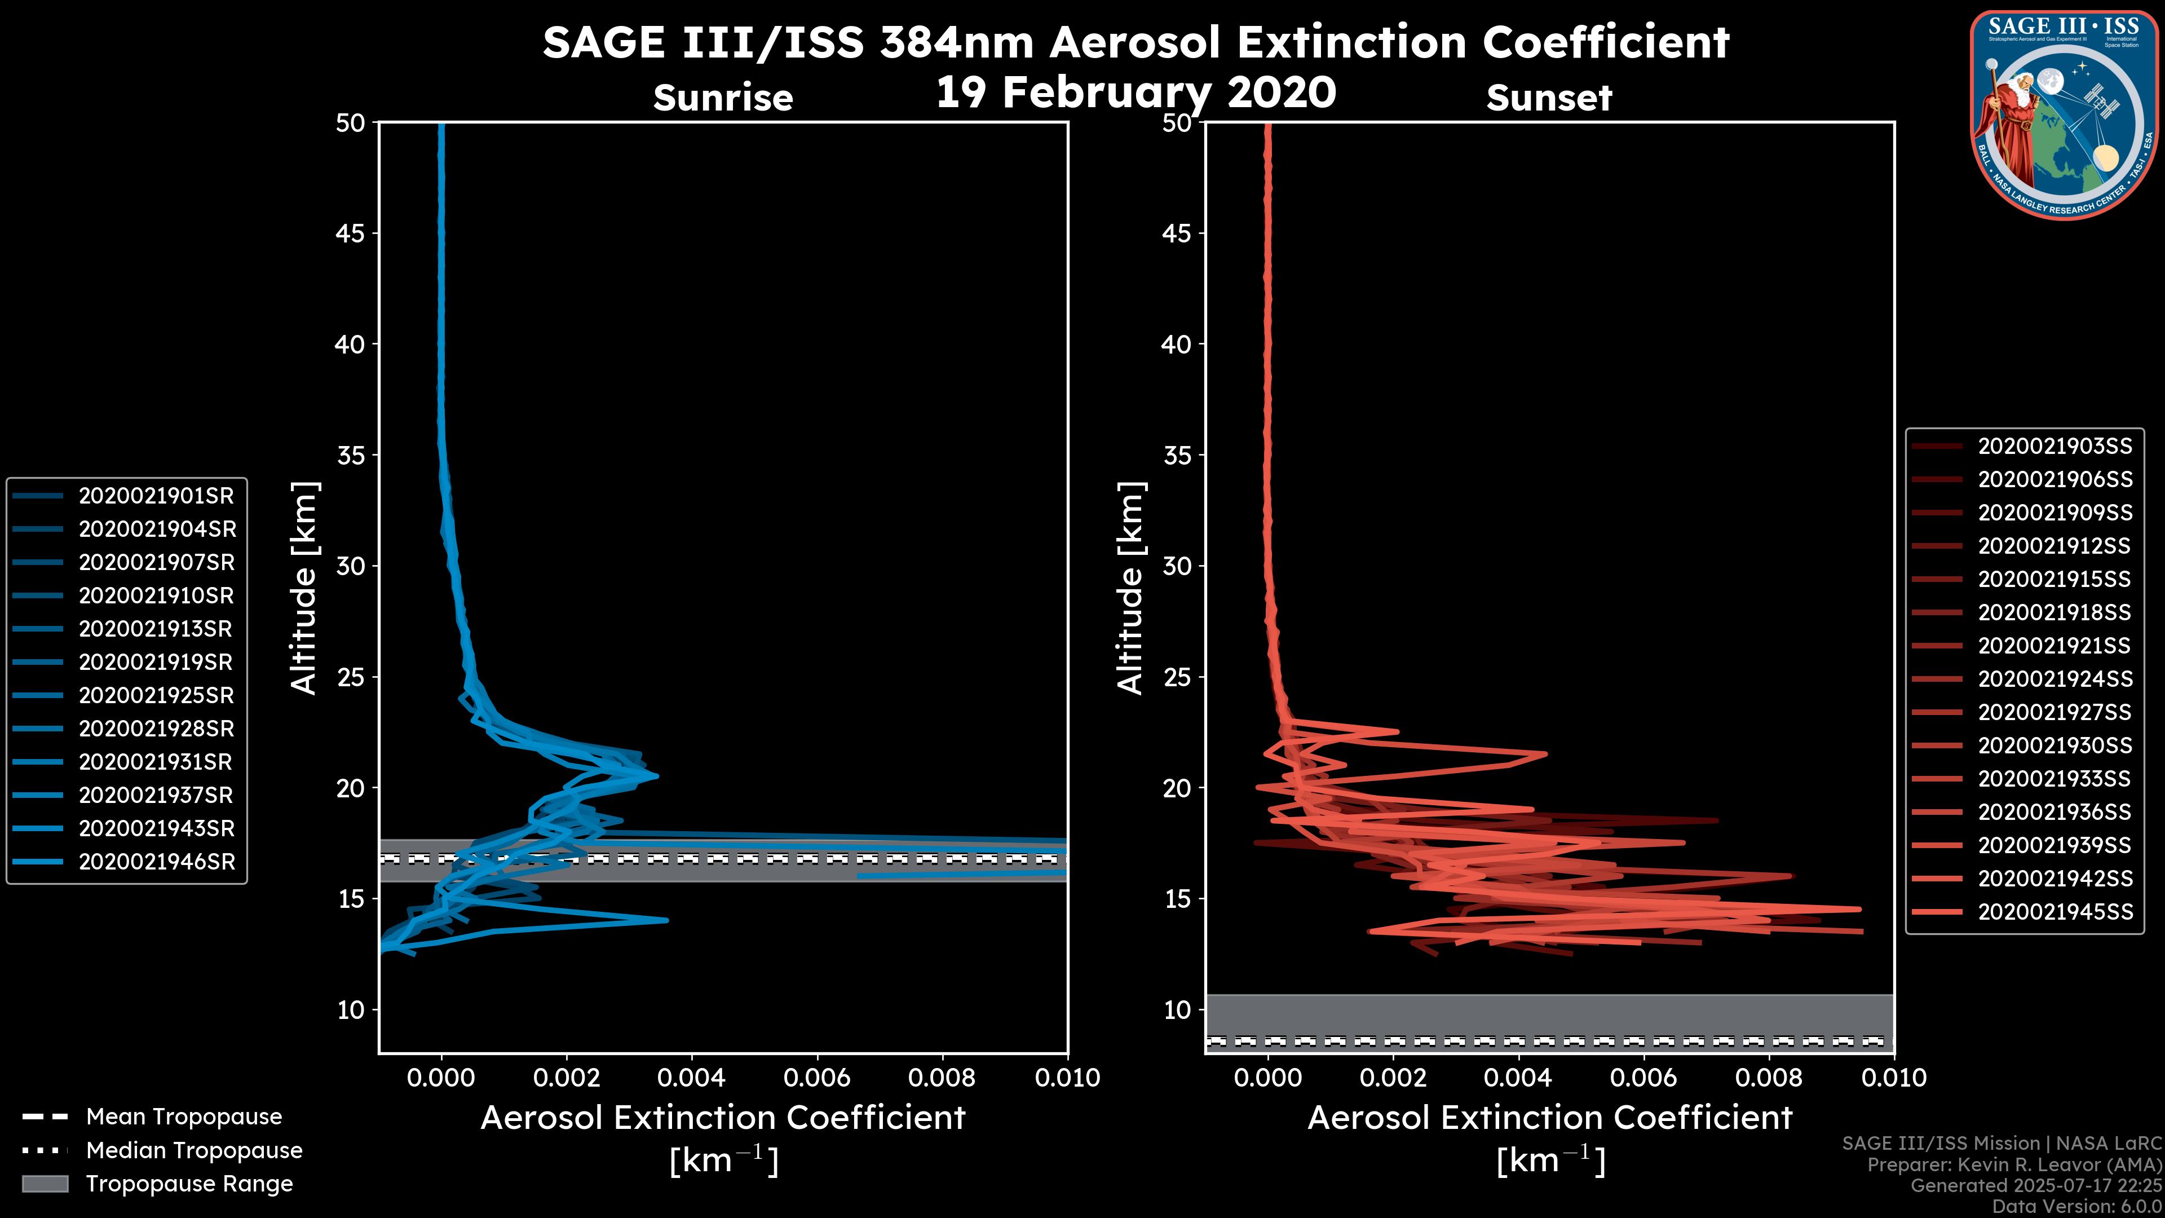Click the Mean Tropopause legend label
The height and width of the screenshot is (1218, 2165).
coord(183,1117)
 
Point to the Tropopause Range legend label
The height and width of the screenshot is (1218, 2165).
coord(189,1184)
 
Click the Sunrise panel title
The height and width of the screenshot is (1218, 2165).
coord(723,98)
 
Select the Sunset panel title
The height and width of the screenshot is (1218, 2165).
coord(1549,98)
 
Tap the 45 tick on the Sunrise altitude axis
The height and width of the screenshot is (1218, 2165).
coord(351,233)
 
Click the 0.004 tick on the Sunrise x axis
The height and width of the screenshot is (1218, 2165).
coord(692,1078)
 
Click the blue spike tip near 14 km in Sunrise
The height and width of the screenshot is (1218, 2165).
coord(666,920)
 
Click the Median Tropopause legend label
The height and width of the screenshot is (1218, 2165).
coord(193,1150)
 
